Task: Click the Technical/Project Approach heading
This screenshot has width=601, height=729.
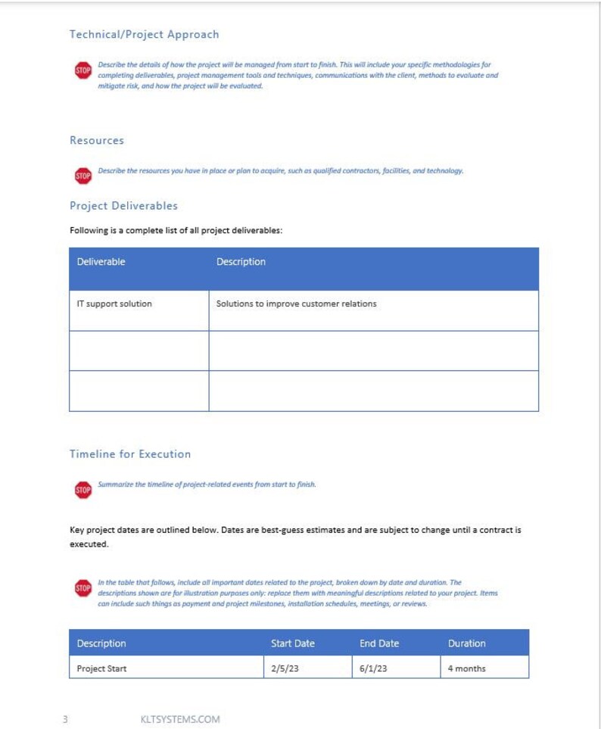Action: coord(144,34)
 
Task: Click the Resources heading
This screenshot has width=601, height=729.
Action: coord(97,140)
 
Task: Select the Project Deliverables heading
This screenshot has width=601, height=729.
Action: coord(123,205)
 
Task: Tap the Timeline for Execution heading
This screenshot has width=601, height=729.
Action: coord(130,454)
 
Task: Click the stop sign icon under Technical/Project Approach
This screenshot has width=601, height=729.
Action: coord(83,71)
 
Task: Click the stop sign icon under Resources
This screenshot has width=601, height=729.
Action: coord(83,176)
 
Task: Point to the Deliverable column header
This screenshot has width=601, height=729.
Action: coord(101,262)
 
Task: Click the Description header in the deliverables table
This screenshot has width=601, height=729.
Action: coord(241,262)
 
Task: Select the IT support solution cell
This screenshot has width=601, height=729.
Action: coord(114,304)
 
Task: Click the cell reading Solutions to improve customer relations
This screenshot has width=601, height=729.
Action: coord(296,304)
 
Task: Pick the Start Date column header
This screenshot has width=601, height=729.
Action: coord(292,643)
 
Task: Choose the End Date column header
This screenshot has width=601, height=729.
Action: coord(378,643)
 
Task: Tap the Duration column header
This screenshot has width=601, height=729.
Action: coord(466,643)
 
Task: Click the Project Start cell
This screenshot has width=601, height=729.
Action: coord(101,668)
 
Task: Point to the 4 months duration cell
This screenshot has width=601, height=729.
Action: coord(466,668)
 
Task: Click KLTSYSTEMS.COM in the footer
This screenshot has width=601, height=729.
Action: coord(180,719)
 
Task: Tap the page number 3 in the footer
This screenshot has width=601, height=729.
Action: coord(65,719)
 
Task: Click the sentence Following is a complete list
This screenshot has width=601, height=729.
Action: coord(176,230)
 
